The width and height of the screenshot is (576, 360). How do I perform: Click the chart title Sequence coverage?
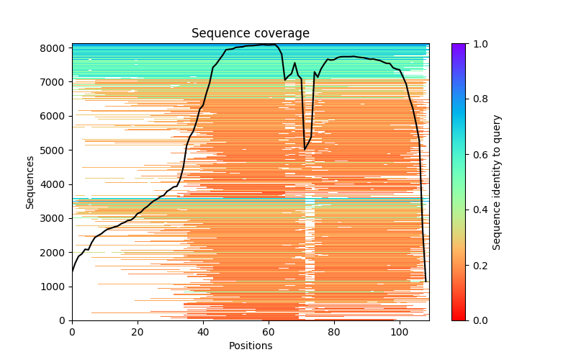point(251,34)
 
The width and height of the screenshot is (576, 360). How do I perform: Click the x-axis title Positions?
point(251,346)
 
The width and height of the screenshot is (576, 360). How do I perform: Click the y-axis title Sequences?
point(30,182)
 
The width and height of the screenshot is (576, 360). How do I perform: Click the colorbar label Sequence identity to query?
point(497,182)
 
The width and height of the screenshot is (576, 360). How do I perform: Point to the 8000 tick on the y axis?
point(57,48)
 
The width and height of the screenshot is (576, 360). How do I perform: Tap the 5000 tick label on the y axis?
point(57,150)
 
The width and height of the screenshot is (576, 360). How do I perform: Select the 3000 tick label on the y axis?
point(57,218)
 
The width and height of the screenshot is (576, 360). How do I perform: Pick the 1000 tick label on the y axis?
point(57,287)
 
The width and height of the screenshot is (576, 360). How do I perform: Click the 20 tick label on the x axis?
point(138,332)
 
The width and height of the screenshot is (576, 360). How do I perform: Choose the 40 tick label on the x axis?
point(203,332)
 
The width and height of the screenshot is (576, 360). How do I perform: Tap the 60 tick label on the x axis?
point(269,332)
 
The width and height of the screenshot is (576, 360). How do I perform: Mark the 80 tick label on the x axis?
point(334,332)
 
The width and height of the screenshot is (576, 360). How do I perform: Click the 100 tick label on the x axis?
point(400,332)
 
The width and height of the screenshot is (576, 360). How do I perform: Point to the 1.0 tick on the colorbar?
point(477,44)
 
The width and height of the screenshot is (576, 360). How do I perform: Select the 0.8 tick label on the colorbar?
point(477,99)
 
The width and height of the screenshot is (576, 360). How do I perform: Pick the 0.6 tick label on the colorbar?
point(477,155)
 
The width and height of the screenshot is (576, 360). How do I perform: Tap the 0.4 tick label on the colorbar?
point(477,210)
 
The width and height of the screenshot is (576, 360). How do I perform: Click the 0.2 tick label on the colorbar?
point(477,265)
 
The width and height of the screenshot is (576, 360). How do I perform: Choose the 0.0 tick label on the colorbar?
point(477,320)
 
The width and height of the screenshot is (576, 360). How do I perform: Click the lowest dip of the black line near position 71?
point(305,149)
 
